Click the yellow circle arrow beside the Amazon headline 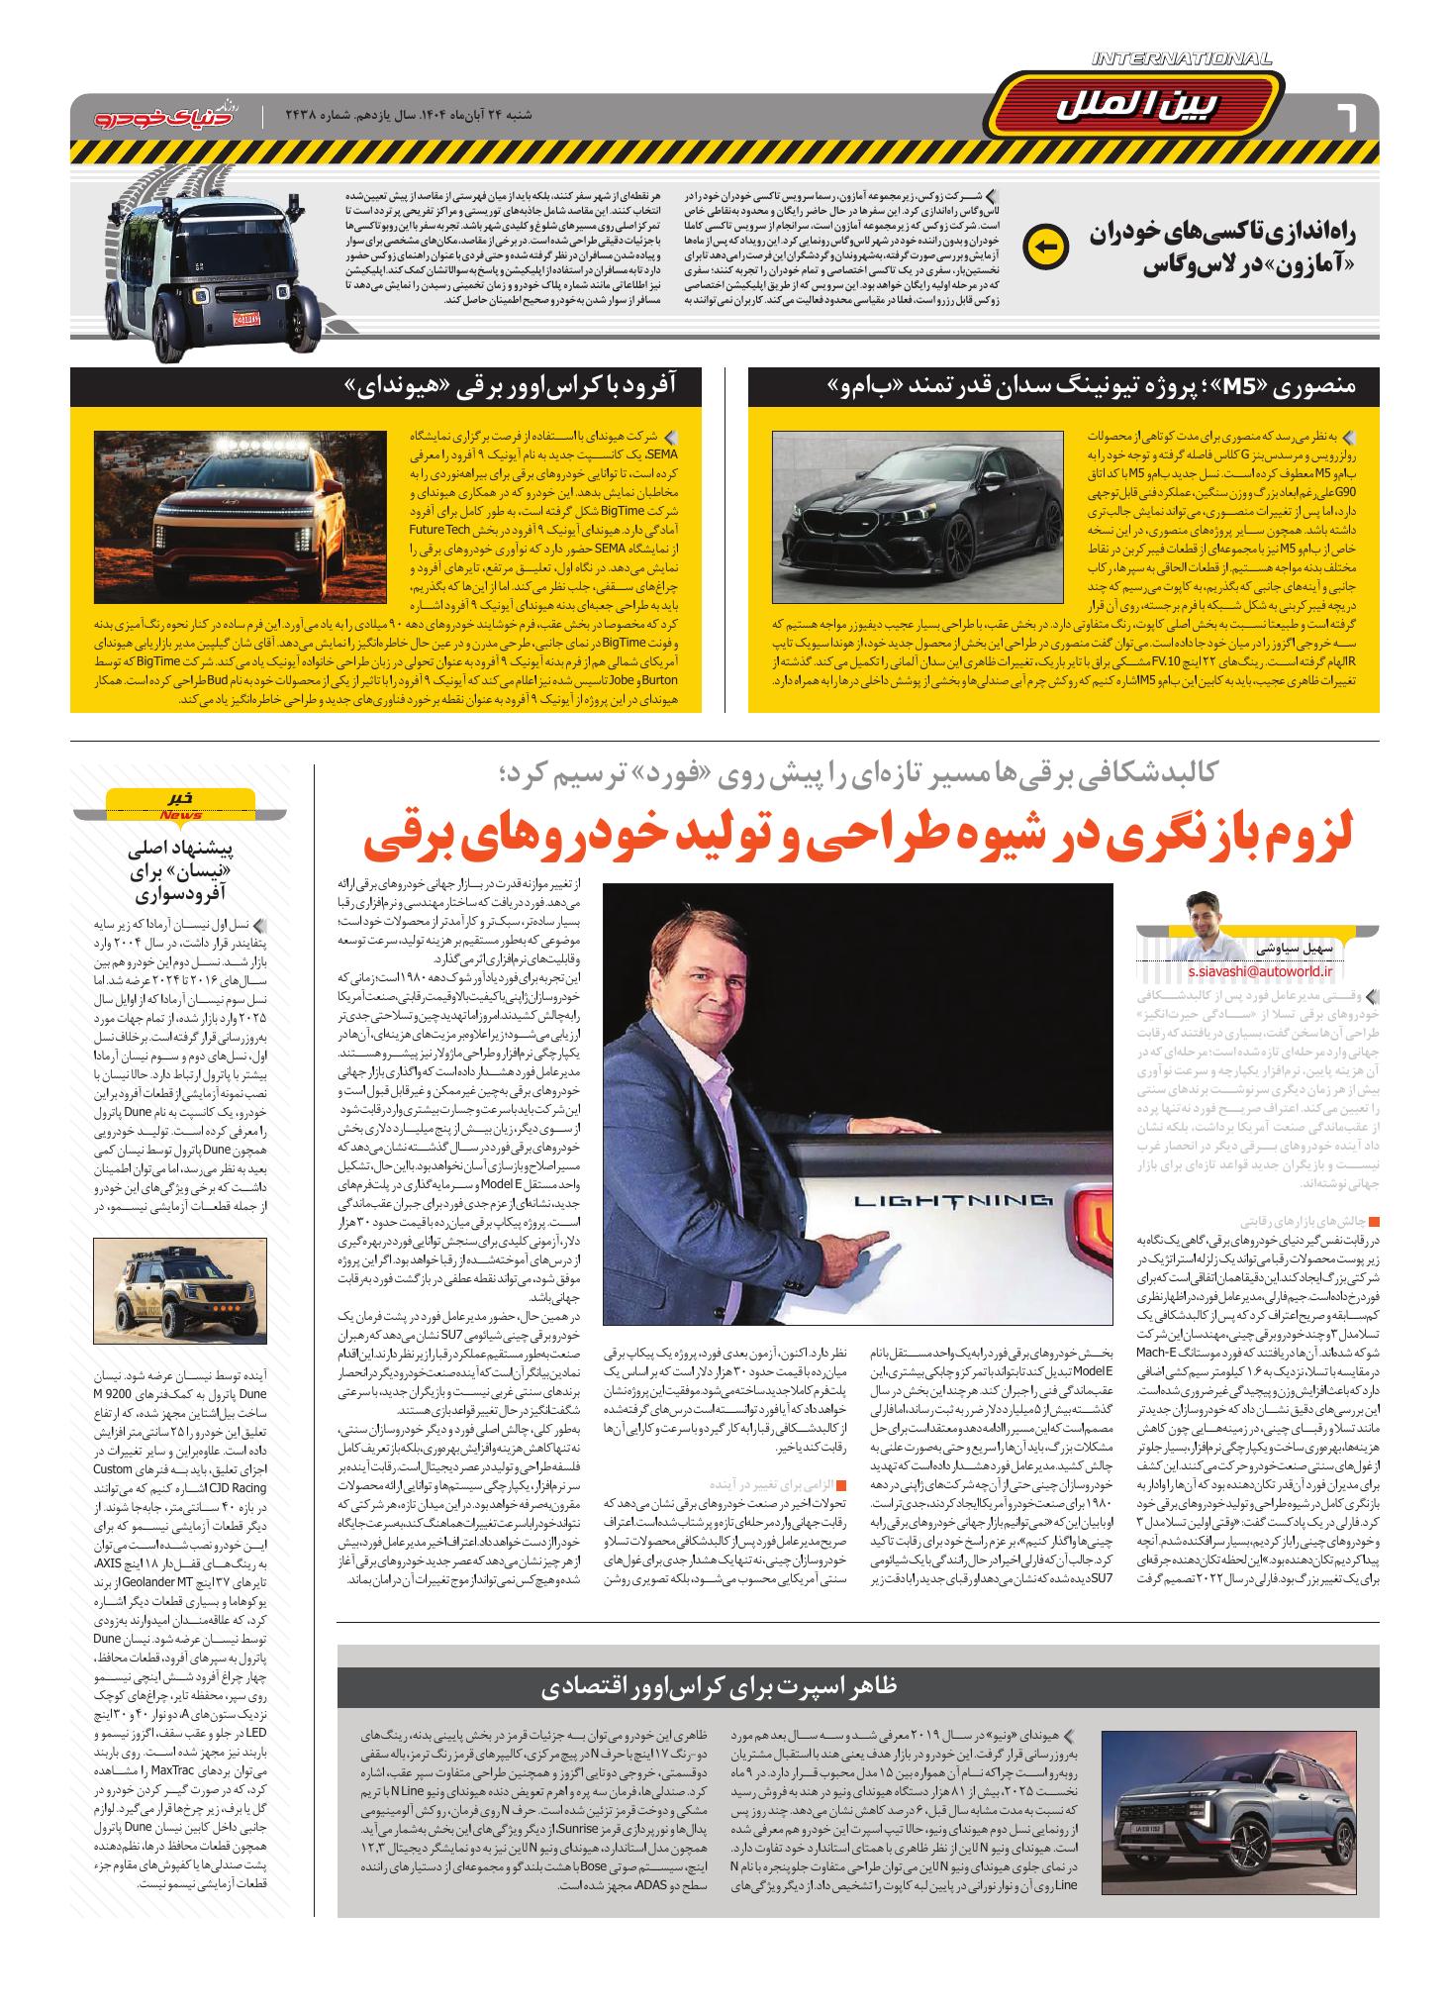coord(1044,248)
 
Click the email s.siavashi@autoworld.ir coord(1249,973)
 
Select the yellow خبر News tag coord(180,804)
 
